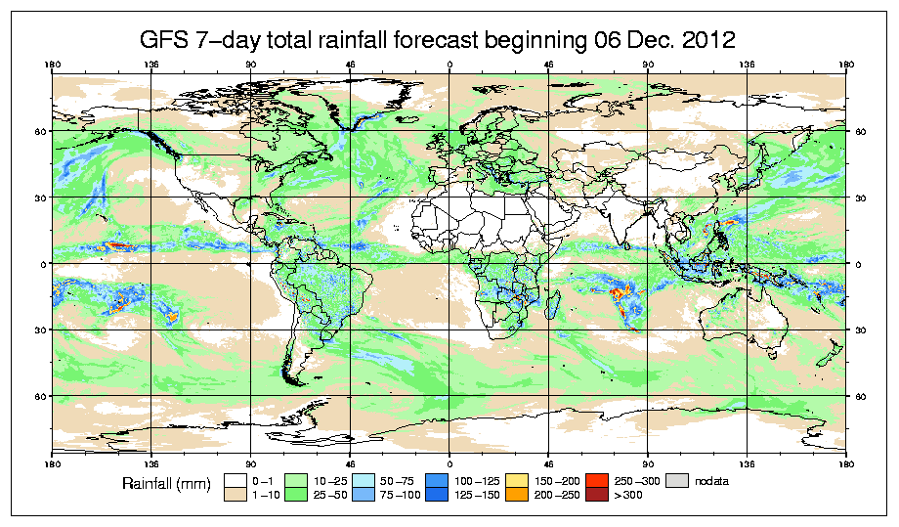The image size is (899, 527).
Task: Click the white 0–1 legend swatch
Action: click(x=235, y=481)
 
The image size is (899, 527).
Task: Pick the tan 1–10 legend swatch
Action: click(x=235, y=497)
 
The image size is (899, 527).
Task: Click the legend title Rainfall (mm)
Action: click(x=166, y=483)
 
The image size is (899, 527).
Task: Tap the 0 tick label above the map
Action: click(x=449, y=66)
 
